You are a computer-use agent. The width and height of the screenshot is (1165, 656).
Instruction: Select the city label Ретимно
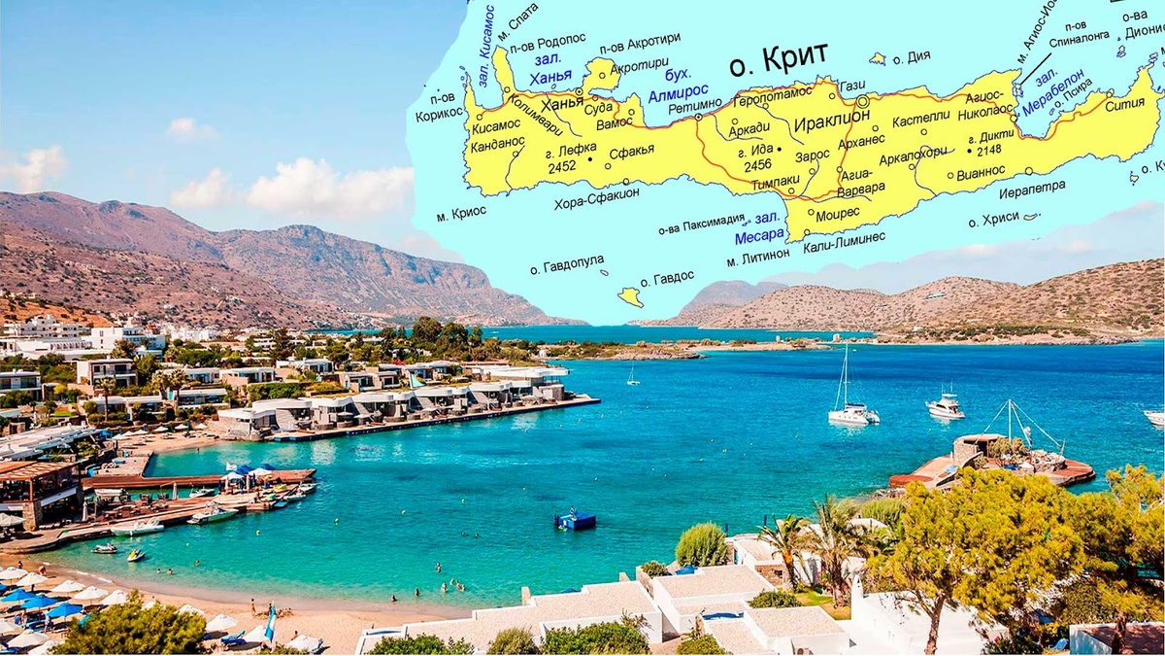(695, 104)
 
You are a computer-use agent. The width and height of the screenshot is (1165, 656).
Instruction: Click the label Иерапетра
(1031, 186)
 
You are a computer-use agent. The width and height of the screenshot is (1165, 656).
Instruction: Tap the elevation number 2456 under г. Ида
(756, 166)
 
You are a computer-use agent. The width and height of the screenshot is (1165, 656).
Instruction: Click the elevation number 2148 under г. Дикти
(988, 151)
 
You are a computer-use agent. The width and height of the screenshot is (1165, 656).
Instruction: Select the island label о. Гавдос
(667, 276)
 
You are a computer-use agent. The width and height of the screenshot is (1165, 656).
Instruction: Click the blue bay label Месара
(759, 235)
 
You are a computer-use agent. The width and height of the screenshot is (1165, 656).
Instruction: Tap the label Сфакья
(631, 151)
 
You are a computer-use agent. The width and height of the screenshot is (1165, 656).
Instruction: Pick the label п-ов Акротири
(638, 47)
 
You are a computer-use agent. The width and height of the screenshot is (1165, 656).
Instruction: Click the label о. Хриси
(986, 219)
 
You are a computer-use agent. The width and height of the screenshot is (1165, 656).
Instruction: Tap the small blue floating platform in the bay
(576, 520)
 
